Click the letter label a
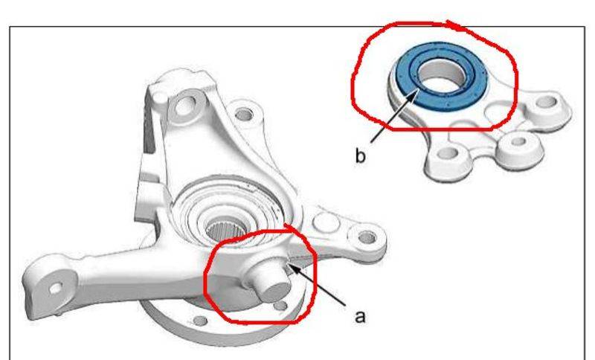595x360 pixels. point(360,316)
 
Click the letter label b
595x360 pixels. point(361,155)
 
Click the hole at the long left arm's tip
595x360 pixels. point(56,289)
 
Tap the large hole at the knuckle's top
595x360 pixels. point(184,106)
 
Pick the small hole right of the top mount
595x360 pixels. point(243,113)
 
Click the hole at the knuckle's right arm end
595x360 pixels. point(367,237)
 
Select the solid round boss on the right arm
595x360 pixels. point(326,222)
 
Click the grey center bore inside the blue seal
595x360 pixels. point(443,75)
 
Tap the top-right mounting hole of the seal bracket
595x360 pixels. point(547,102)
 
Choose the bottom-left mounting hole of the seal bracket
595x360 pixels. point(448,153)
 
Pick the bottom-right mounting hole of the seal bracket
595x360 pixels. point(518,142)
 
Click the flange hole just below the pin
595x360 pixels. point(280,306)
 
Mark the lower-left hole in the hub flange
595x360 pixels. point(200,321)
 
